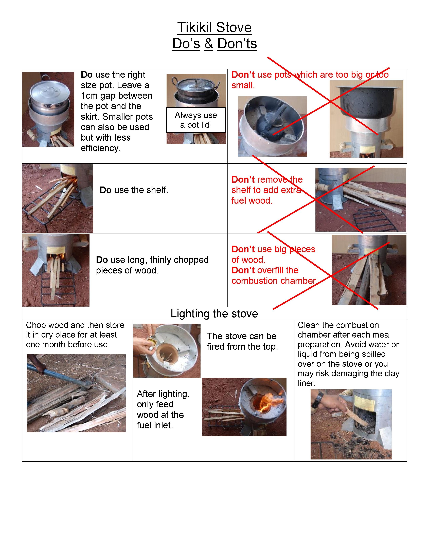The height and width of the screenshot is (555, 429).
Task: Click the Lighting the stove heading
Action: tap(214, 314)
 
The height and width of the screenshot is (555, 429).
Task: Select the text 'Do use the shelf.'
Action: tap(134, 190)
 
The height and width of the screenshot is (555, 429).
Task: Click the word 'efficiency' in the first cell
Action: tap(100, 148)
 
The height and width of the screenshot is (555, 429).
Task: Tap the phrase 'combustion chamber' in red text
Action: tap(273, 281)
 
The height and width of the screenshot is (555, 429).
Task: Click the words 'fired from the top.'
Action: tap(242, 347)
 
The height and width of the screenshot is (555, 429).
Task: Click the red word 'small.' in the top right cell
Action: tap(243, 85)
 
